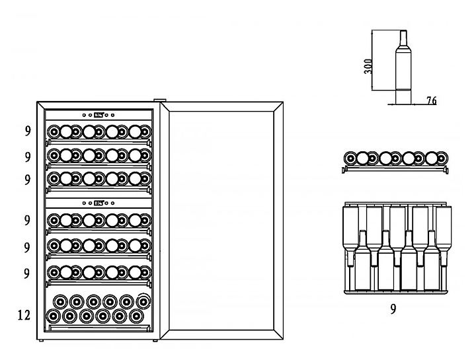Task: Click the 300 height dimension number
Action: [368, 66]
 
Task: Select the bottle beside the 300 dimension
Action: [401, 66]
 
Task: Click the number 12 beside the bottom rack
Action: [23, 316]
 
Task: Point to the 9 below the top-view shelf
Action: [393, 308]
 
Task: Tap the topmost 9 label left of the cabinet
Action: [27, 131]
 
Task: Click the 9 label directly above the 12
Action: [27, 272]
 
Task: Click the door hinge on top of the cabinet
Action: [159, 101]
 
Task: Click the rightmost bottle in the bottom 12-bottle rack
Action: [142, 301]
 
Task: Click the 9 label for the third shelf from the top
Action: [27, 179]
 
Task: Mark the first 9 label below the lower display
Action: [27, 219]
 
